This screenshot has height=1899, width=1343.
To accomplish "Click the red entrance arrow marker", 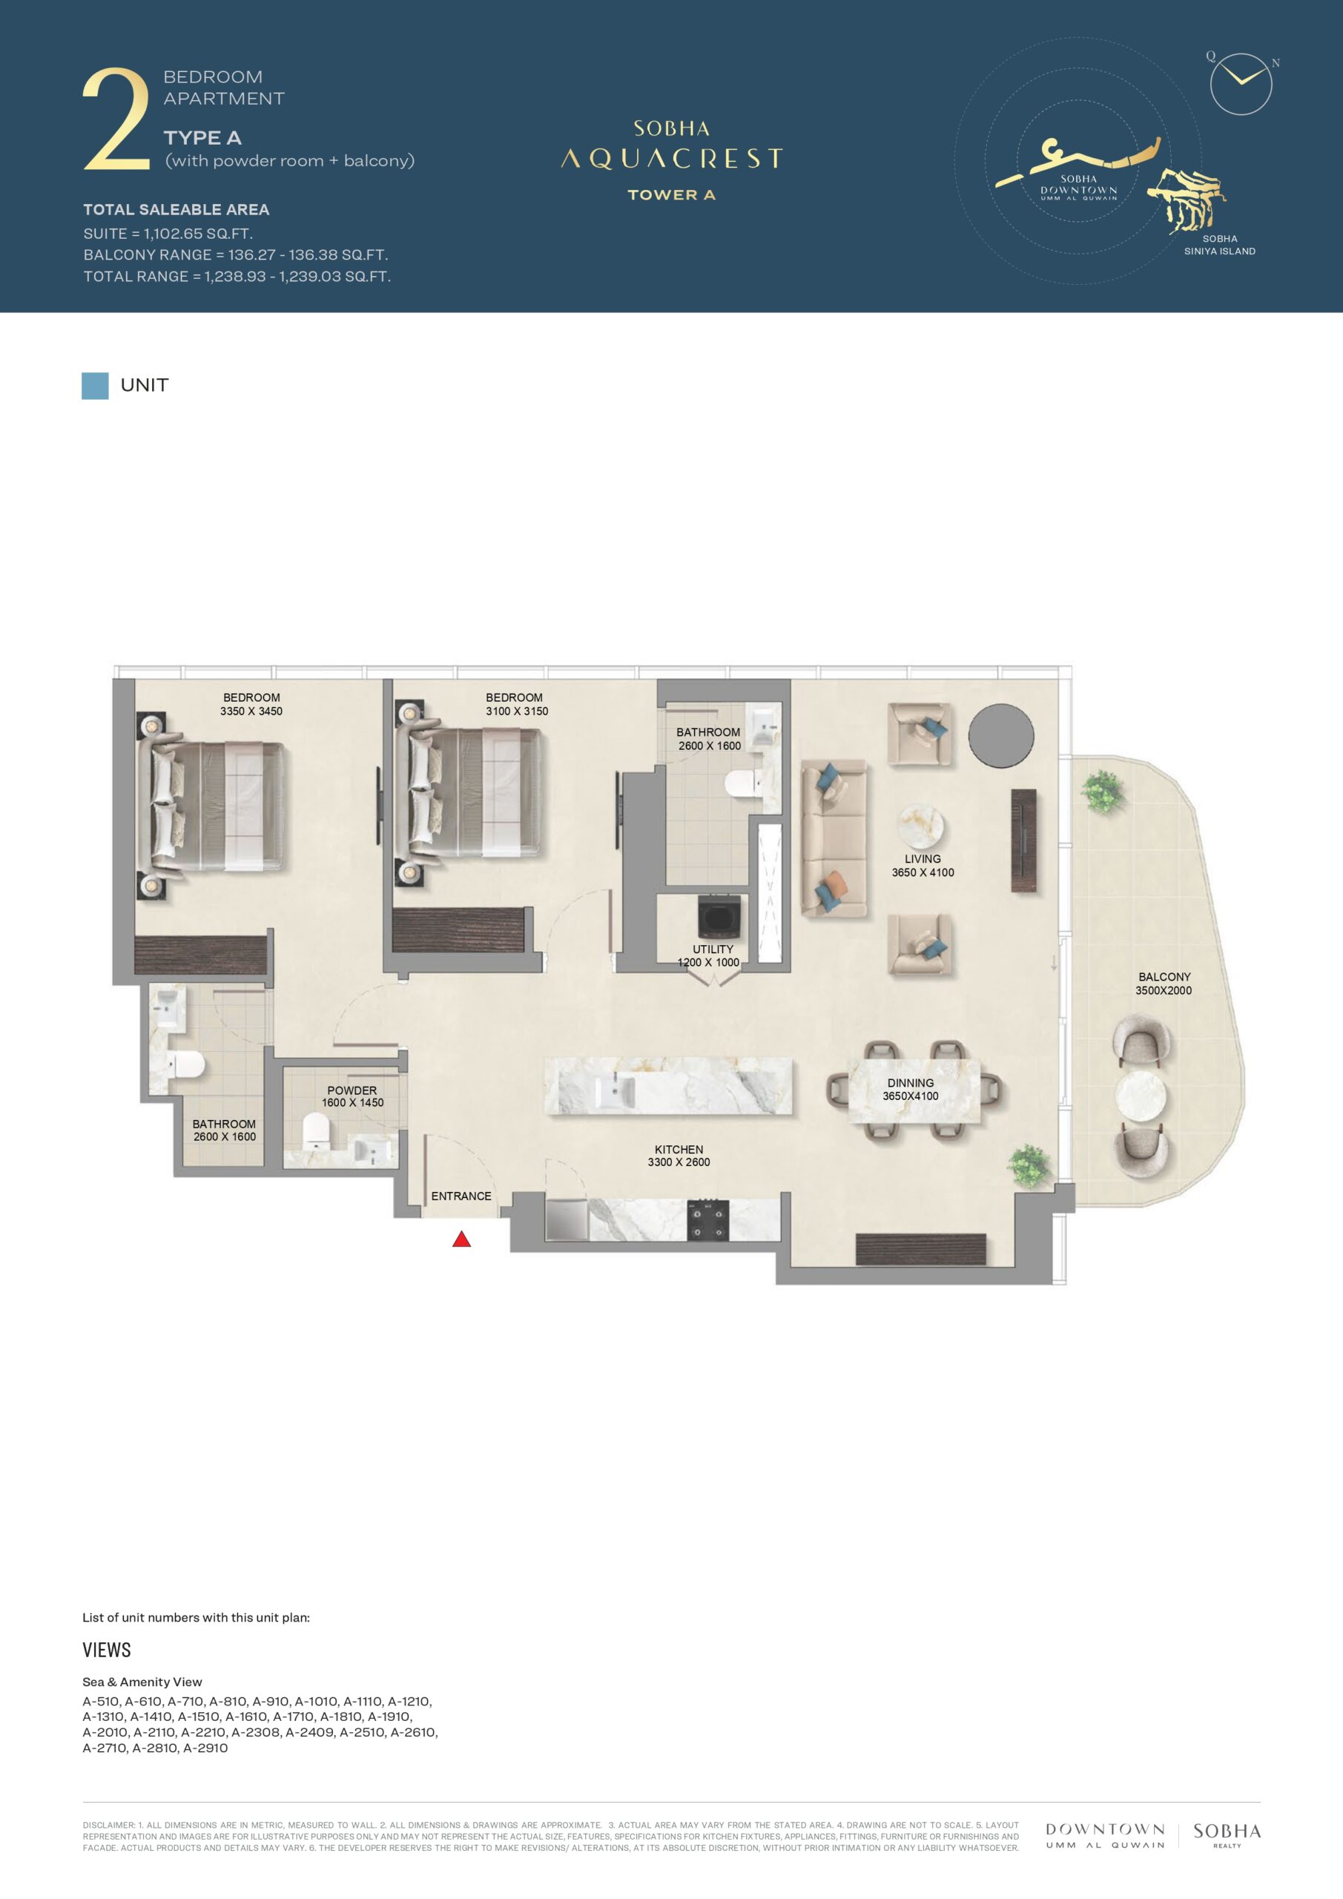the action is (461, 1238).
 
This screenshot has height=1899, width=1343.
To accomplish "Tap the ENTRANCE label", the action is (461, 1196).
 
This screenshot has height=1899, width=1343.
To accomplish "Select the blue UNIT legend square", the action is (95, 386).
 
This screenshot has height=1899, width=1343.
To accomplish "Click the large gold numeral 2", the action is (116, 120).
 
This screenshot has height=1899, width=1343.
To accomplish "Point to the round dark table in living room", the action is (1000, 735).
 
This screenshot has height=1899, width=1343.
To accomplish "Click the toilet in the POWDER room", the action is (314, 1130).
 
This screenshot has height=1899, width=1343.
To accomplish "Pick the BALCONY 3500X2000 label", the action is (1164, 984).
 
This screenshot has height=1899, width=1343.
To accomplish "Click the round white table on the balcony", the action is (1141, 1096).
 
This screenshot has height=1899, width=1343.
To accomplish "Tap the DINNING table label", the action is (911, 1089).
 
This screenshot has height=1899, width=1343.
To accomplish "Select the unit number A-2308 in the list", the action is (256, 1732).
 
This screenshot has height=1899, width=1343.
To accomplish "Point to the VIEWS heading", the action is (107, 1650).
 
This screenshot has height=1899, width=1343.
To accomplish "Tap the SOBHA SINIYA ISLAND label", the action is (1220, 245).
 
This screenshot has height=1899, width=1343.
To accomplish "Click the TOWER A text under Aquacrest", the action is (672, 195).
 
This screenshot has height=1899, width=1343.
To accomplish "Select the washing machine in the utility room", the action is (718, 918).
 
